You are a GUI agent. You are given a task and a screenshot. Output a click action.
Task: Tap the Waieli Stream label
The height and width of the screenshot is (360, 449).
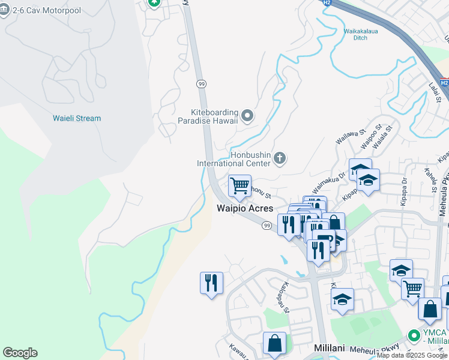pyautogui.click(x=77, y=118)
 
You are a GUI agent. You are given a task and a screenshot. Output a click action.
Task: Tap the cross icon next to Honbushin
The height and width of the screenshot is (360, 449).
pyautogui.click(x=279, y=158)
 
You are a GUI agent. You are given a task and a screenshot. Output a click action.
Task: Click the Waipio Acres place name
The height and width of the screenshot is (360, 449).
pyautogui.click(x=245, y=208)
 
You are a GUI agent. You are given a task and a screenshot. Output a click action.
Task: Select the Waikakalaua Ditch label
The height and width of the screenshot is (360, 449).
pyautogui.click(x=360, y=34)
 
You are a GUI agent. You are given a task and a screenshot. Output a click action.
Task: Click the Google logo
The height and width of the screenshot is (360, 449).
pyautogui.click(x=20, y=353)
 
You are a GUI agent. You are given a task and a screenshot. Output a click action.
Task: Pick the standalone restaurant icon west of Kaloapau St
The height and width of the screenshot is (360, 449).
pyautogui.click(x=211, y=283)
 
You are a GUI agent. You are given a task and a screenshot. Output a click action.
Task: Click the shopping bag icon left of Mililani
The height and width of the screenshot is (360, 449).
pyautogui.click(x=274, y=343)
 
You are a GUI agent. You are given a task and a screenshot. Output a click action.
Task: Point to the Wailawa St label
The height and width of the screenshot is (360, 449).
pyautogui.click(x=351, y=136)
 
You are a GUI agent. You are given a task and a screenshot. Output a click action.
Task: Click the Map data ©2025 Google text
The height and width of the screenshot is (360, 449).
pyautogui.click(x=412, y=355)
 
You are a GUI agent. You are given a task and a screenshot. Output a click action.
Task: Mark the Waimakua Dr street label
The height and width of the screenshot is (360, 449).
pyautogui.click(x=329, y=180)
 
